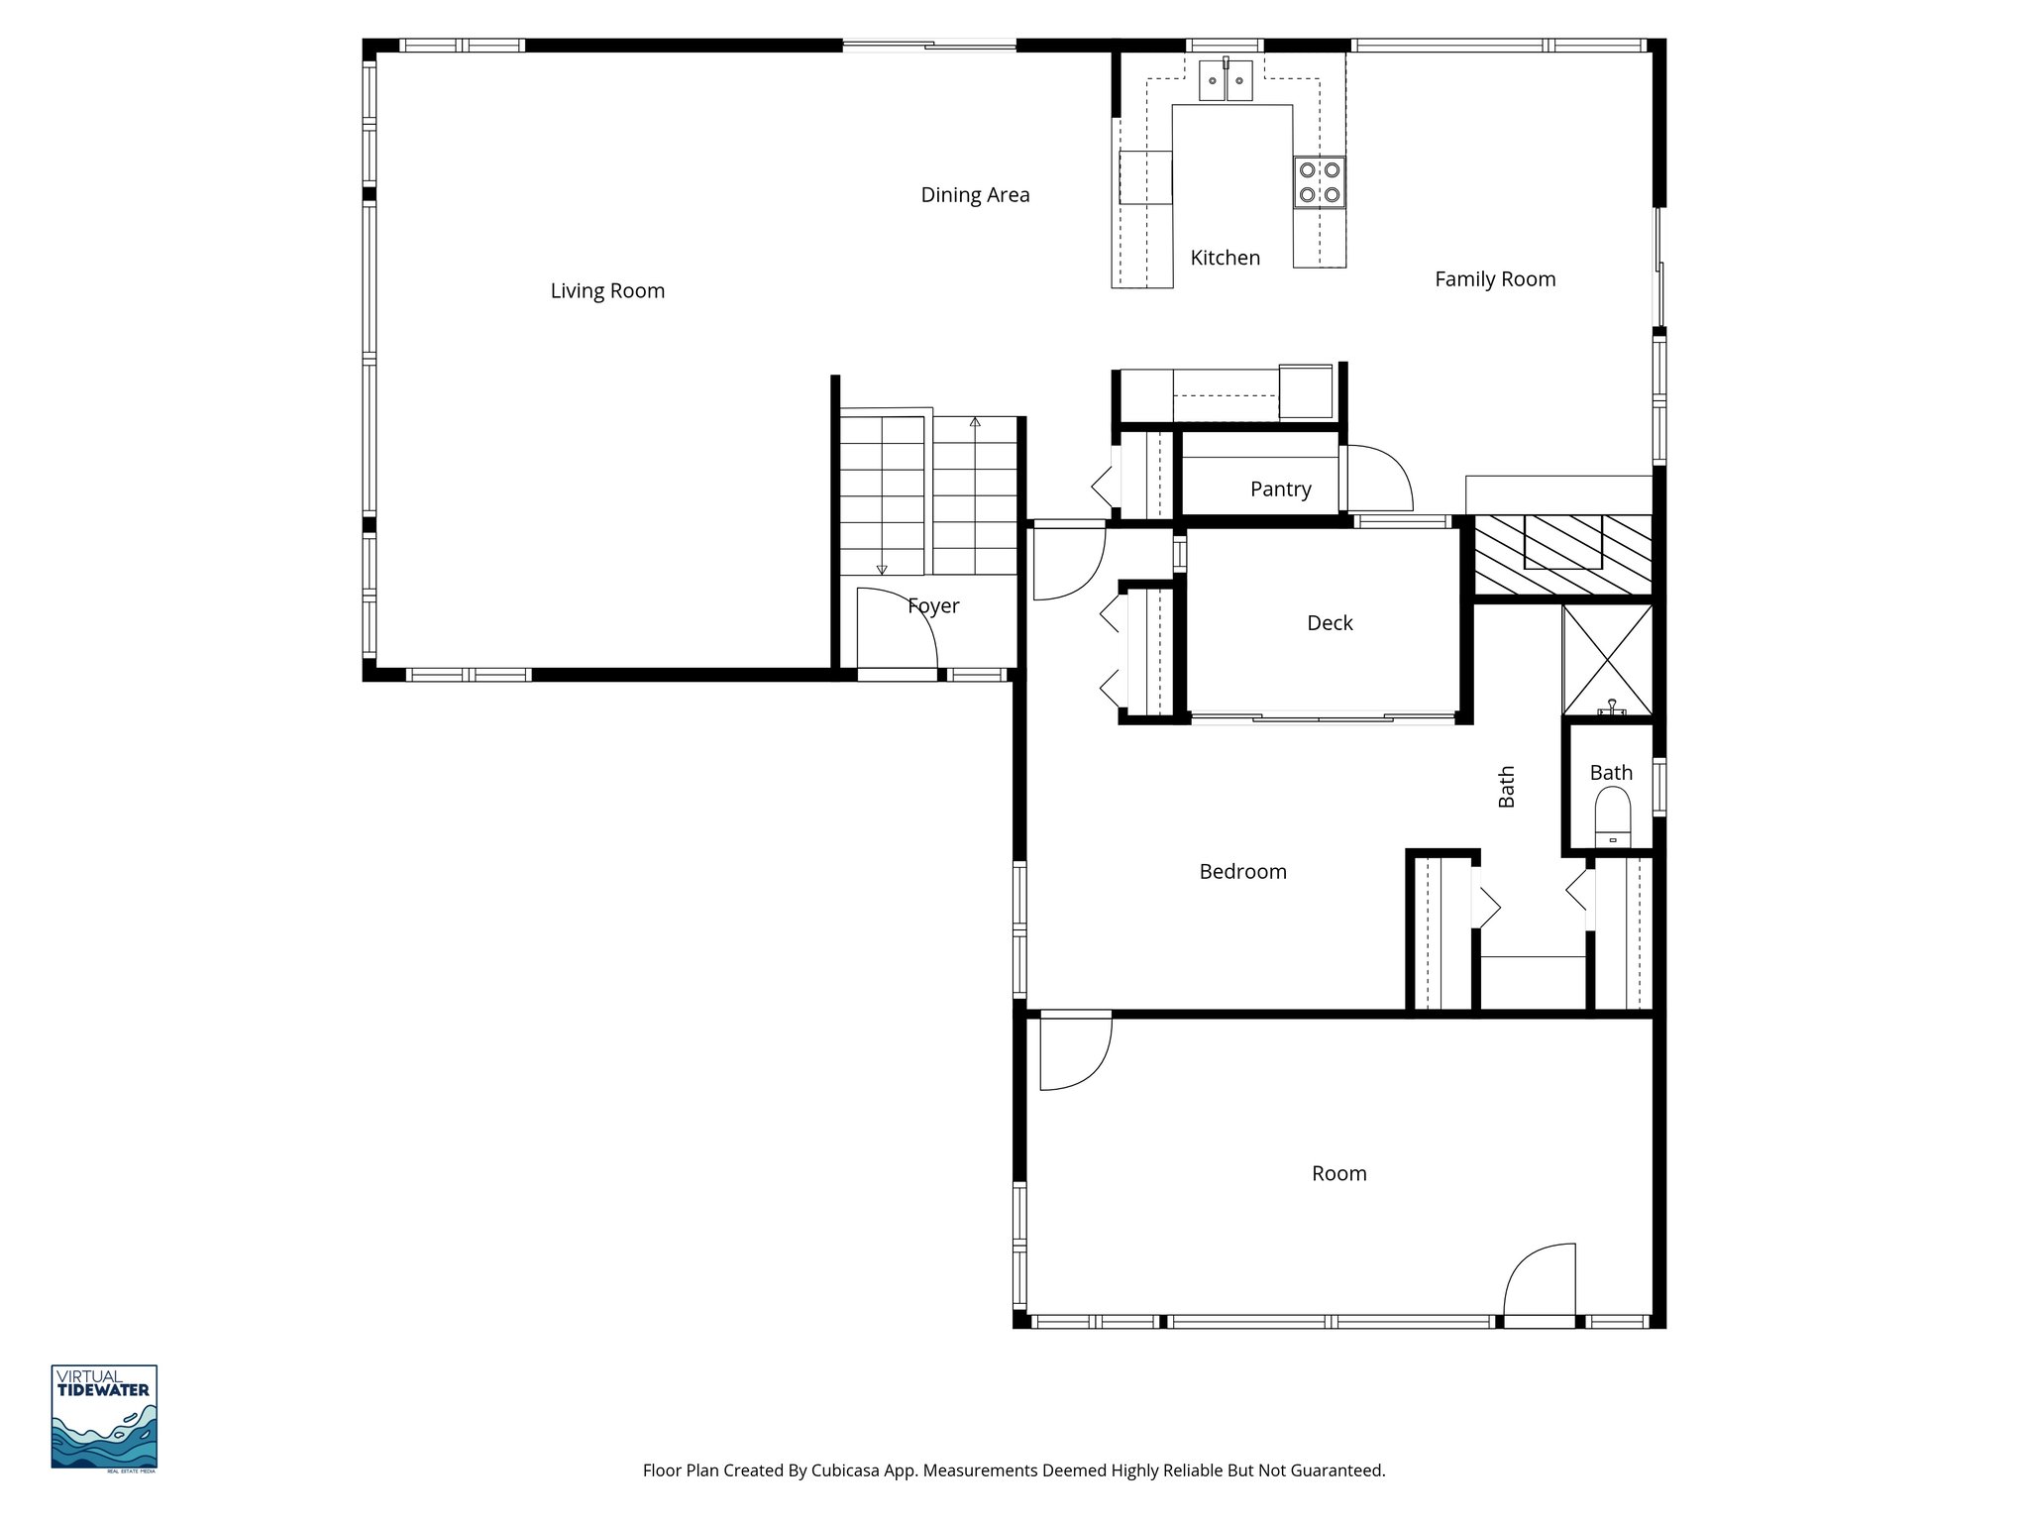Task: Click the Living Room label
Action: [607, 291]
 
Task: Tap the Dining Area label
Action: [975, 195]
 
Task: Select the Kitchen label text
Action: [1225, 258]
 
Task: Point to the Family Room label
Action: [1494, 279]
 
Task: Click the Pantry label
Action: [1280, 489]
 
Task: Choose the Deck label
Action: [1330, 623]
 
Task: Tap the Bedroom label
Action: [1242, 872]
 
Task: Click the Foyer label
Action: [933, 605]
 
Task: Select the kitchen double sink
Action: [1227, 80]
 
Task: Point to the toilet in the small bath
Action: [1613, 817]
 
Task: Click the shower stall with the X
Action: [1607, 659]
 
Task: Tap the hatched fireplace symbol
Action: [1562, 555]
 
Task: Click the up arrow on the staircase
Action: [975, 423]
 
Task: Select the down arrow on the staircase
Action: [882, 569]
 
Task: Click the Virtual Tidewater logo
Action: [104, 1418]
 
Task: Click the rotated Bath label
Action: [1506, 787]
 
